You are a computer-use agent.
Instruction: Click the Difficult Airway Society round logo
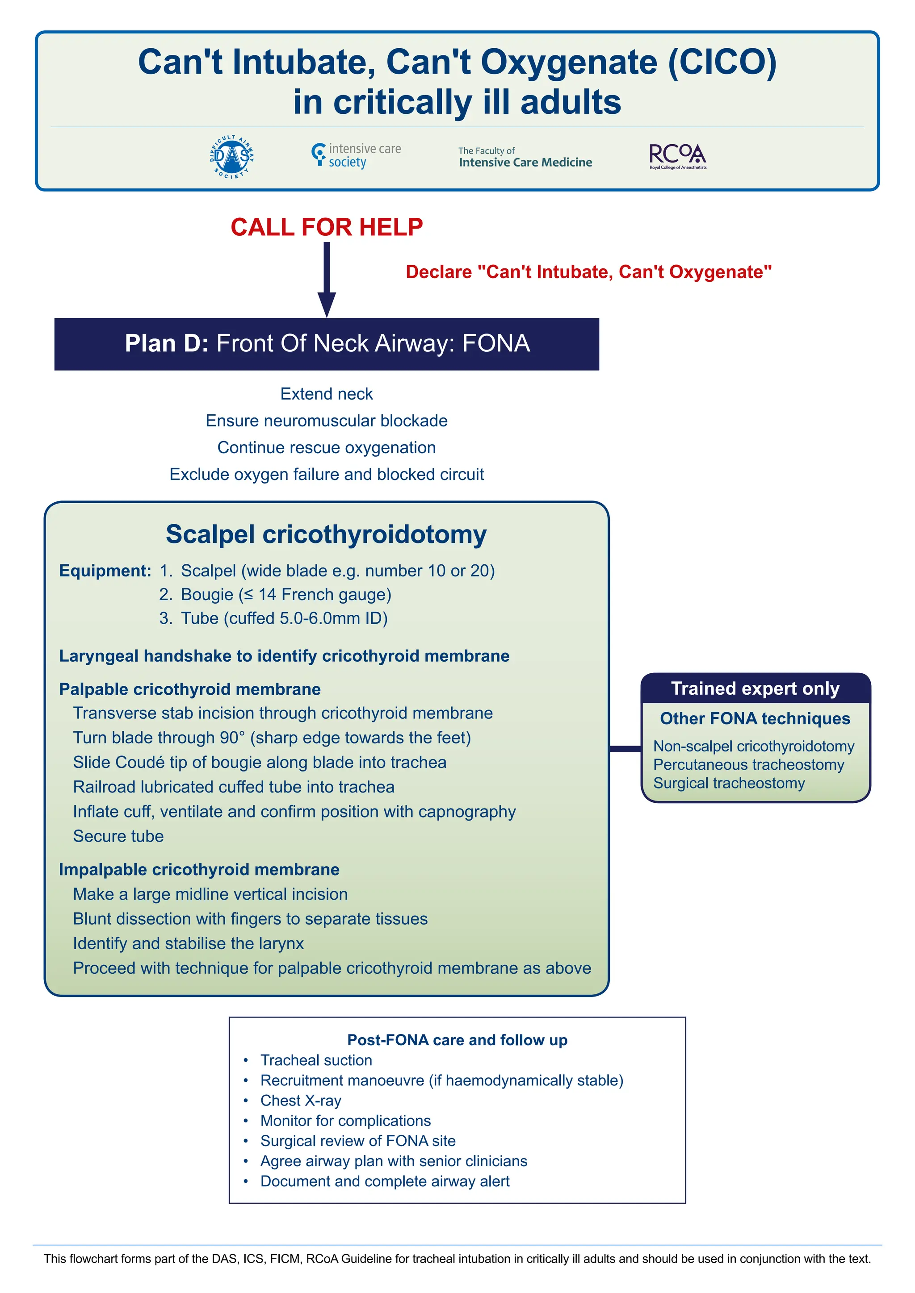[231, 157]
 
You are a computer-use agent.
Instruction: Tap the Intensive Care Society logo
[356, 155]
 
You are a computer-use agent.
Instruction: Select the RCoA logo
[678, 156]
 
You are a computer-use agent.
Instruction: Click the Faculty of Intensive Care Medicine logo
[525, 157]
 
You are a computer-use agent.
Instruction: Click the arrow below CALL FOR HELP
[326, 279]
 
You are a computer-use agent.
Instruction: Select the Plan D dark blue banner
[326, 343]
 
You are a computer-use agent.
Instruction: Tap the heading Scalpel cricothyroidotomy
[326, 534]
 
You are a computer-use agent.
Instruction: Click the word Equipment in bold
[105, 571]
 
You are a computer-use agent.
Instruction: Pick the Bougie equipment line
[285, 594]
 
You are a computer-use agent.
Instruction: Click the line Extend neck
[326, 394]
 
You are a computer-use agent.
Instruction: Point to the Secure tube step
[118, 836]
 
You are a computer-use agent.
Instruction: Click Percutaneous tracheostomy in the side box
[748, 764]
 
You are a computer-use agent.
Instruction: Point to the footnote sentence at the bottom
[457, 1259]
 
